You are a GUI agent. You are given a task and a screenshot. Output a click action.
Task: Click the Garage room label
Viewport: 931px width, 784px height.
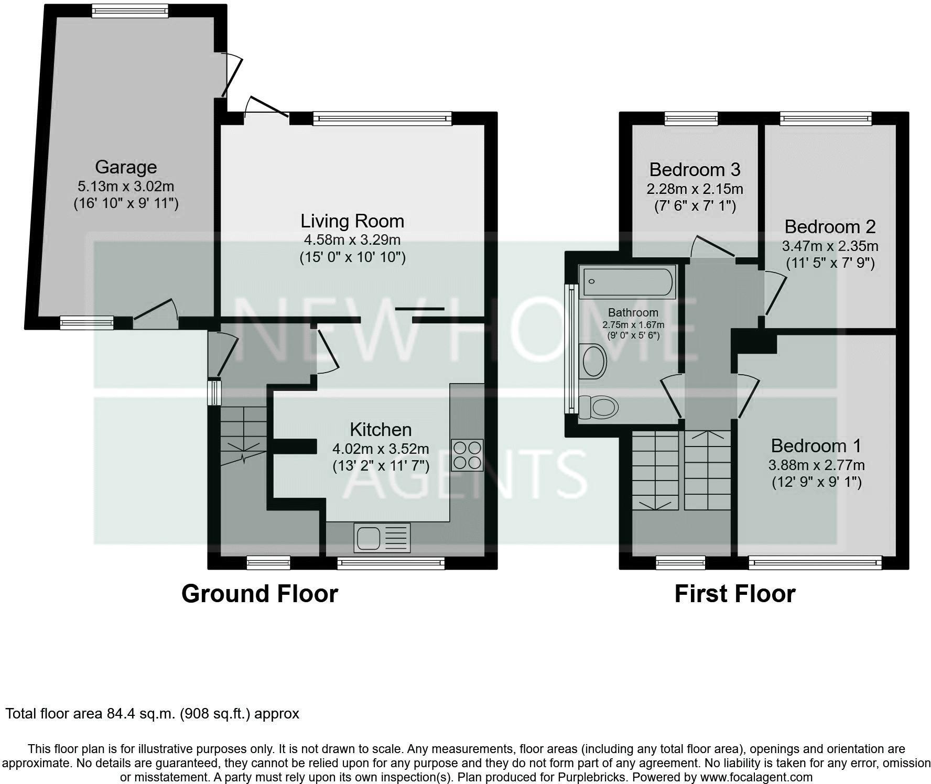point(126,167)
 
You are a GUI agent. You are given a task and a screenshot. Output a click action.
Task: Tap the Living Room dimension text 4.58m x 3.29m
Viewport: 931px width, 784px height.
point(352,240)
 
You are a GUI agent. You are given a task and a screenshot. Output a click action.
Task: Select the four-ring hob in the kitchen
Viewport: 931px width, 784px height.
point(467,455)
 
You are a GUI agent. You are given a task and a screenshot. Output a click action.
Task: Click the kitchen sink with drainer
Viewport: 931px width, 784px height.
point(382,537)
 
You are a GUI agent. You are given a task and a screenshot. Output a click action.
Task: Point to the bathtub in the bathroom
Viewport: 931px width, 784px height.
point(627,282)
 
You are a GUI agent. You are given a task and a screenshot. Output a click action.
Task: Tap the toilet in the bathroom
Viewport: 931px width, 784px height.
point(599,407)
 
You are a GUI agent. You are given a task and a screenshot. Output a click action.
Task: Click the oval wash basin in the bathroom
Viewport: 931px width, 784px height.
point(594,361)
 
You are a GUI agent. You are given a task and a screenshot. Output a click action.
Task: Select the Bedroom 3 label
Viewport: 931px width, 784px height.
point(695,170)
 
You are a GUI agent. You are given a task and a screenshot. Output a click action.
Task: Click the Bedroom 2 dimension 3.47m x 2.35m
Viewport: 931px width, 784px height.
point(830,246)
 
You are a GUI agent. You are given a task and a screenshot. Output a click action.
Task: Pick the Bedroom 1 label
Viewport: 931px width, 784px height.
point(816,446)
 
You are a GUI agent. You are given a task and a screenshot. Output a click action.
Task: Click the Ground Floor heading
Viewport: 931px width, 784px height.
point(259,594)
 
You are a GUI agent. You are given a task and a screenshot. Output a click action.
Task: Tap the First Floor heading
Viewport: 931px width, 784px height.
point(734,594)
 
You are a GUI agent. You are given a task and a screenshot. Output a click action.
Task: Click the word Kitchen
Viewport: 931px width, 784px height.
point(381,430)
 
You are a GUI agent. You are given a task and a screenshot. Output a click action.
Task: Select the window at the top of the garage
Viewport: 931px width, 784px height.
point(130,10)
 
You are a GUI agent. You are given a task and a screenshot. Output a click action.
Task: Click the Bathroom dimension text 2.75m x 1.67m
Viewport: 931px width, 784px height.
point(633,325)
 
